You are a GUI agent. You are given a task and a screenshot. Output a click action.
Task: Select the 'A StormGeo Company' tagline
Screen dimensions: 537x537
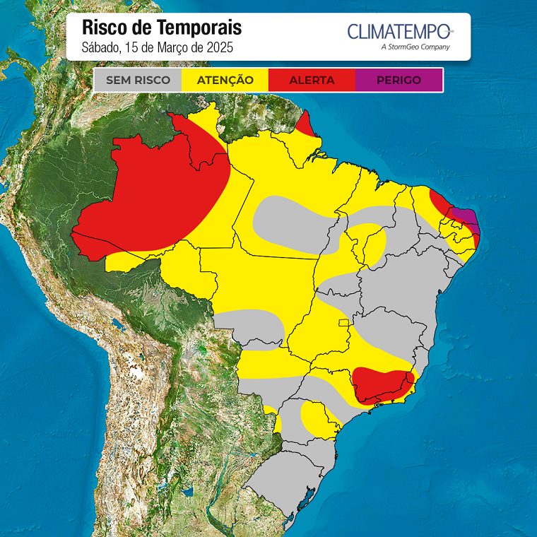(415, 47)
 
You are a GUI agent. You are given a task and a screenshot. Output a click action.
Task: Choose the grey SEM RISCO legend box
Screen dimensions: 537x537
(138, 80)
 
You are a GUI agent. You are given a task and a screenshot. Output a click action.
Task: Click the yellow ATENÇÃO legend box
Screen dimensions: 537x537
(225, 80)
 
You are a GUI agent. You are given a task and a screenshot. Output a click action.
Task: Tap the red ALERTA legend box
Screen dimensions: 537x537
(312, 80)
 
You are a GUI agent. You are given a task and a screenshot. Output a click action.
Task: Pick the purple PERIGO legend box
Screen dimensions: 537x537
(399, 80)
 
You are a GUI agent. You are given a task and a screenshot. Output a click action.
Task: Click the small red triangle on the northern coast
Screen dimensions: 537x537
(306, 126)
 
